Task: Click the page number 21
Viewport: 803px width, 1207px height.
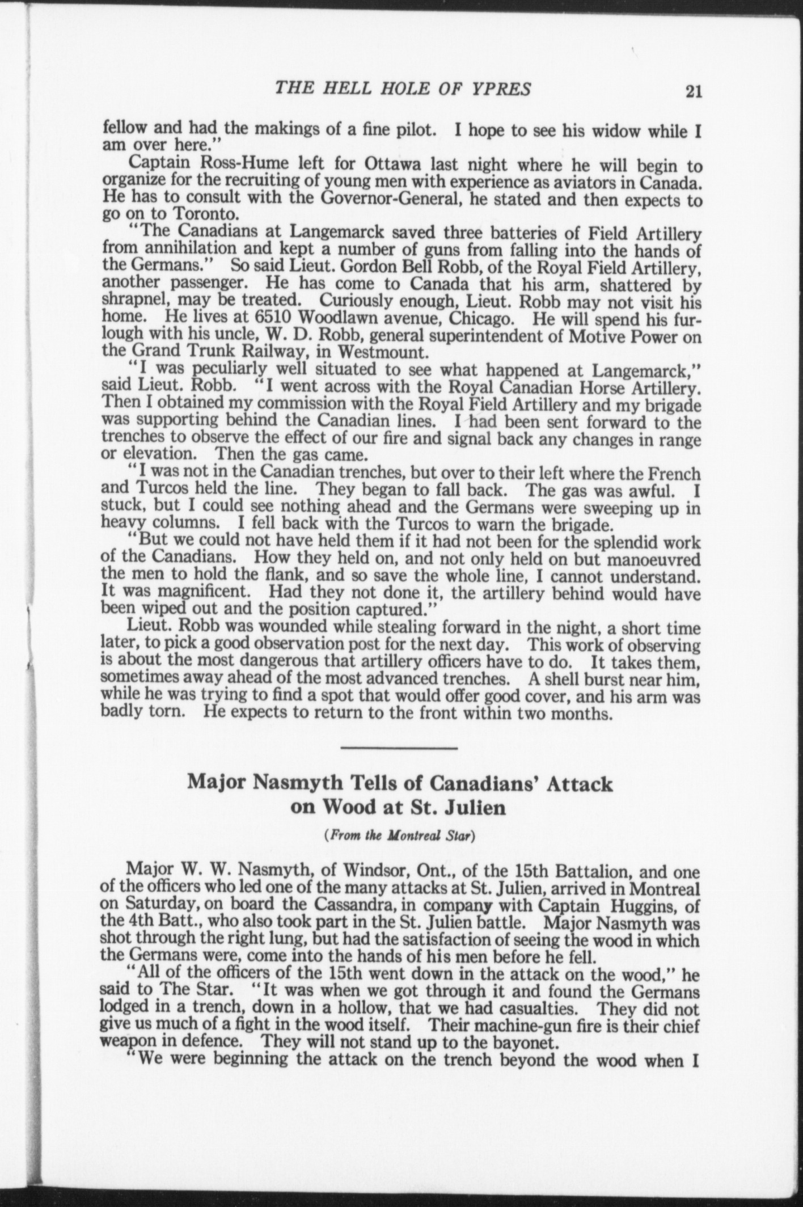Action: click(694, 91)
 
